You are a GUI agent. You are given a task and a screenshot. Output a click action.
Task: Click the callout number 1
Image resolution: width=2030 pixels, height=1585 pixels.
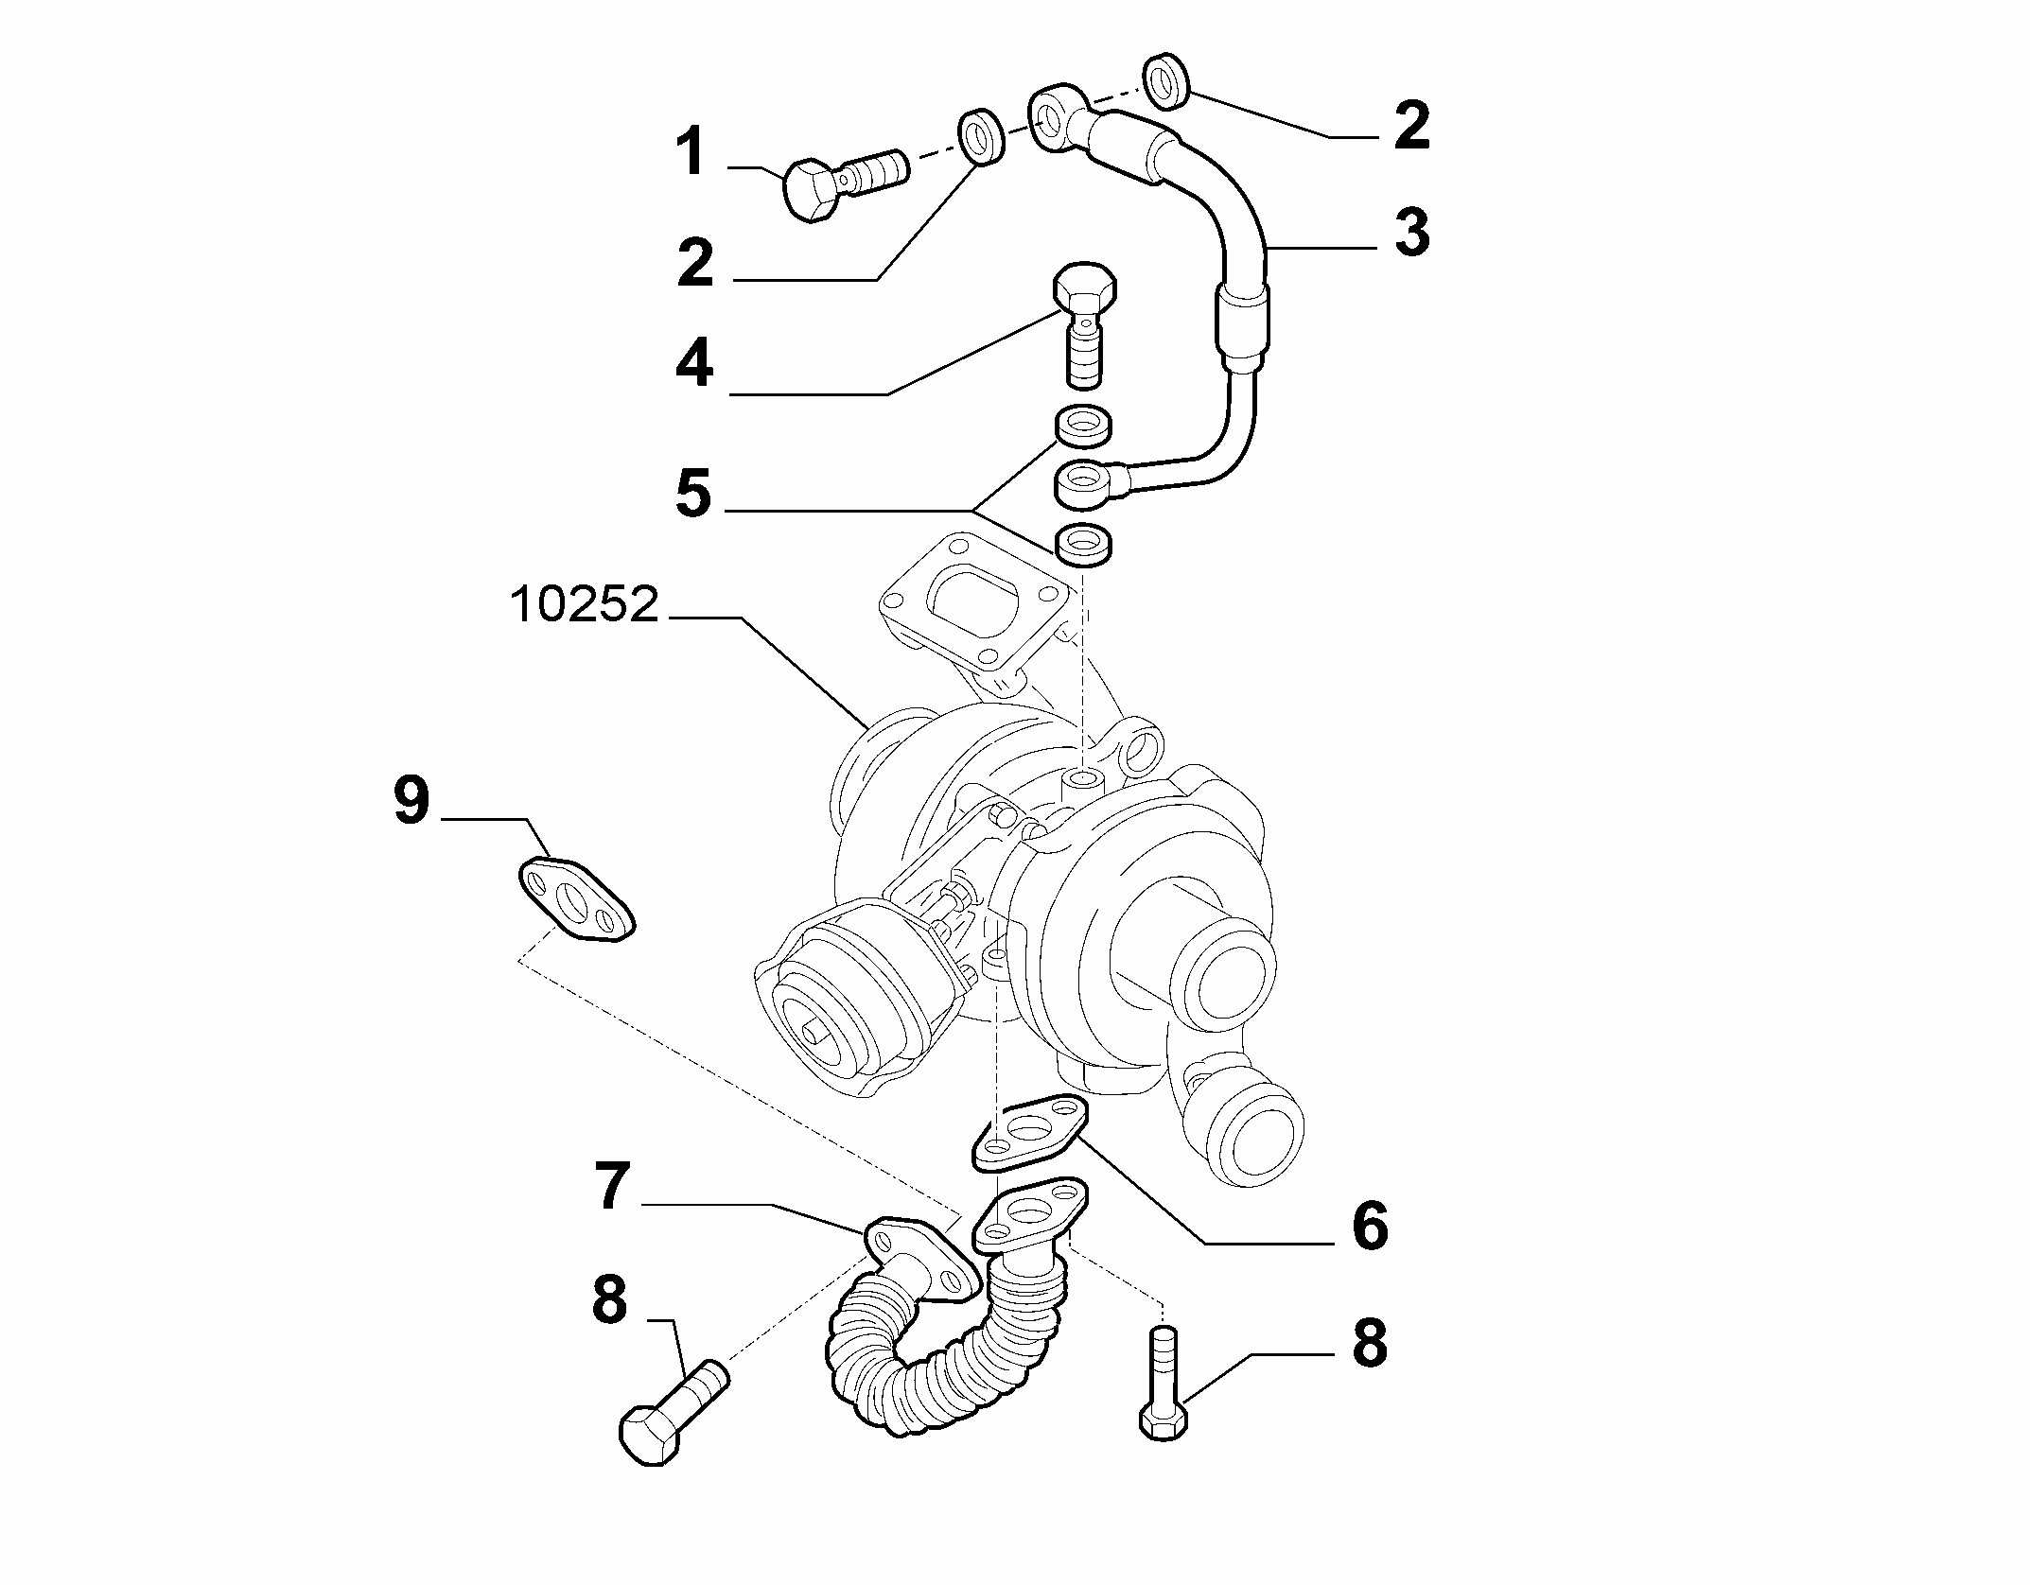click(691, 154)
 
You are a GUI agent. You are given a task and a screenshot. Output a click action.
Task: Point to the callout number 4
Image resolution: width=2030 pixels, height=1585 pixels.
click(694, 364)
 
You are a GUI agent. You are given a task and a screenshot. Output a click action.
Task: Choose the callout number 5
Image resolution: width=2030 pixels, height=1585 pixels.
click(693, 494)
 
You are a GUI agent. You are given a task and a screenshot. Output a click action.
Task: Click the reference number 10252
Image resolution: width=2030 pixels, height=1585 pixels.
click(584, 604)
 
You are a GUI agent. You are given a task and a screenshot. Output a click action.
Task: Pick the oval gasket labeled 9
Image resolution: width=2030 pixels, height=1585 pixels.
click(575, 899)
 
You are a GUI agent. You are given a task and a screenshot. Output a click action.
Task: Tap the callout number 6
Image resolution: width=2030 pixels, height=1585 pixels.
click(1369, 1227)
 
